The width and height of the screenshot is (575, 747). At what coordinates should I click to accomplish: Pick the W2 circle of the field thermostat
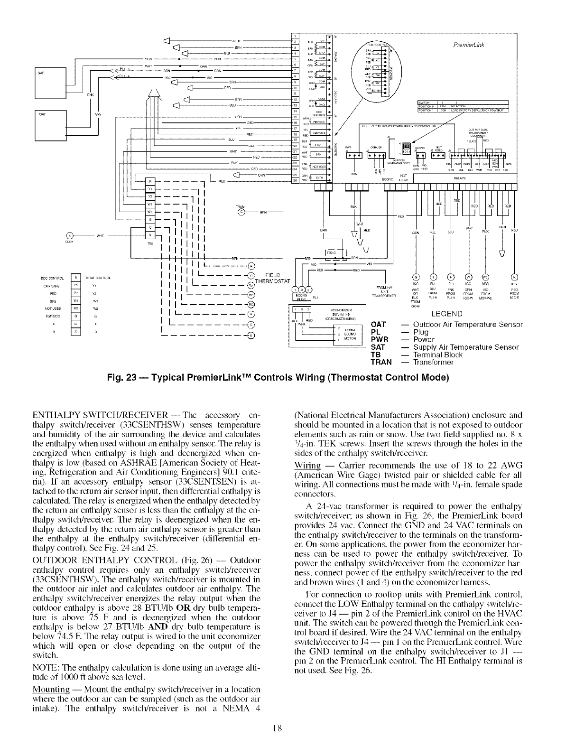[251, 304]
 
